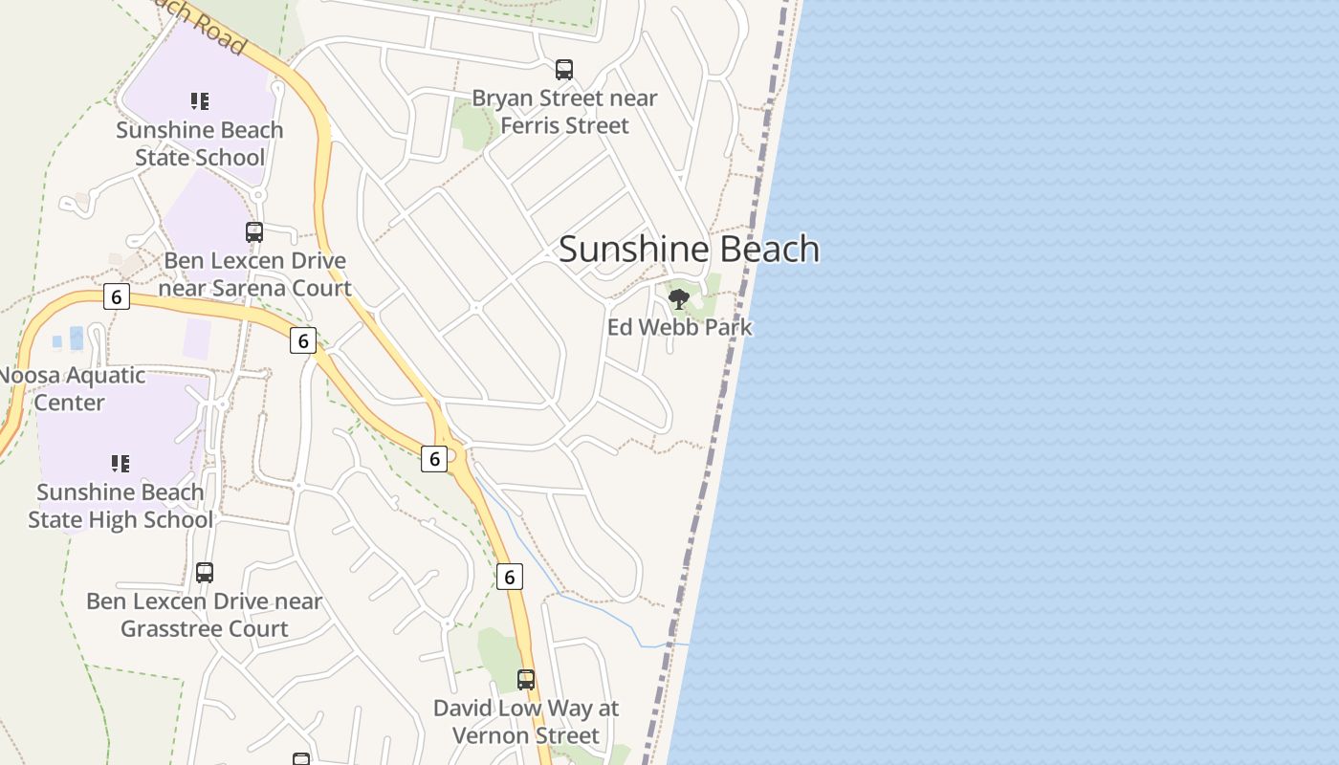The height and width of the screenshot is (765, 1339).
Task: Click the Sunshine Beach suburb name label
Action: coord(689,249)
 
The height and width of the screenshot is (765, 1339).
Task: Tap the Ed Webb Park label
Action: coord(679,327)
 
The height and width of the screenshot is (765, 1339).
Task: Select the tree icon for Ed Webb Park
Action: coord(679,299)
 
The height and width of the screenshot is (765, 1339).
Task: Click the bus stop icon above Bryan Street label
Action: coord(564,70)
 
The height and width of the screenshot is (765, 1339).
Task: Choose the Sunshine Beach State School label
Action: coord(199,143)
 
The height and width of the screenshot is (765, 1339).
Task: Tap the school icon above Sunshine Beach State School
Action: coord(199,101)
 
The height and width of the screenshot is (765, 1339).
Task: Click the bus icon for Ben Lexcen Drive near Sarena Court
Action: coord(254,232)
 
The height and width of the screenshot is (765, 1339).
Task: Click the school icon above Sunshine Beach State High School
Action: coord(120,464)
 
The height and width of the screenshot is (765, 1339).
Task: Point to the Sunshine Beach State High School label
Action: coord(120,506)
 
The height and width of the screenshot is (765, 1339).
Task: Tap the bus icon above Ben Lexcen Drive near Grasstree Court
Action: coord(205,573)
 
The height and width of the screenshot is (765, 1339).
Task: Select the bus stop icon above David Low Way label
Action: coord(526,680)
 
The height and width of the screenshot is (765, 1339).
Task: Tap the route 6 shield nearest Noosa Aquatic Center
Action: coord(116,296)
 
